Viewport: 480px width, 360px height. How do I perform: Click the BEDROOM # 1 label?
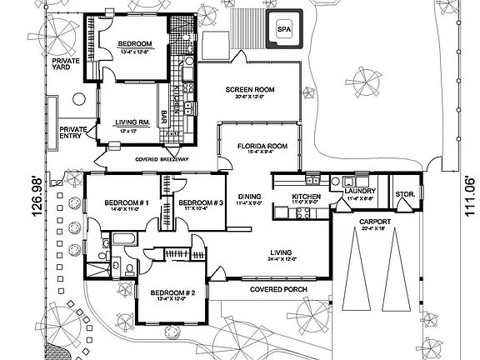click(127, 203)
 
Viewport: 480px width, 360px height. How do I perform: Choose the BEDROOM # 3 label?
click(201, 203)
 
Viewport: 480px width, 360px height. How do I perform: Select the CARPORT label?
click(371, 222)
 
